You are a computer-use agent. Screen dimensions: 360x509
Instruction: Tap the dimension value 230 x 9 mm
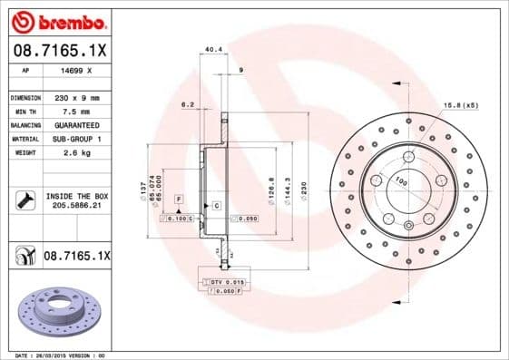click(x=75, y=97)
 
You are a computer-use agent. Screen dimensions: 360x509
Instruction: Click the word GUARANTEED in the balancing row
click(x=75, y=124)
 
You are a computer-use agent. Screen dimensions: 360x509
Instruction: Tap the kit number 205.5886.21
click(x=76, y=207)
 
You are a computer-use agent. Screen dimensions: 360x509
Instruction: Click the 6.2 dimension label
click(x=188, y=104)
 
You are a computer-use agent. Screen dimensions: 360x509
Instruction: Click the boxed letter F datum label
click(x=179, y=198)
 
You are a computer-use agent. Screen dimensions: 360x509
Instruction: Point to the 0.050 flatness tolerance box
click(x=246, y=219)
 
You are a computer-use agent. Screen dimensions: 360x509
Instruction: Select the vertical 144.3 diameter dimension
click(x=288, y=189)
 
